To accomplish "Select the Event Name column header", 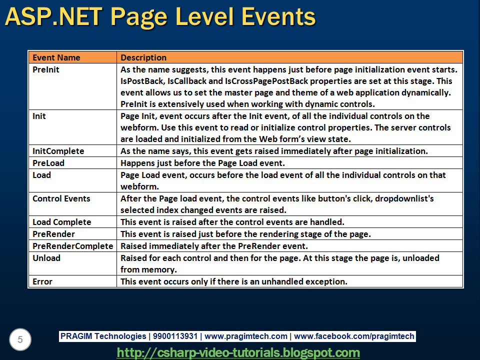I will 56,57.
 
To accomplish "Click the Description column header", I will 143,57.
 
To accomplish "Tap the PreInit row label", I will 46,69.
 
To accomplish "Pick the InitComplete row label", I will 58,151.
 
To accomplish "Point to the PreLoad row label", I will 48,163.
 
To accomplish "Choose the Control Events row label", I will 61,198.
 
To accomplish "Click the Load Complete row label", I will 61,222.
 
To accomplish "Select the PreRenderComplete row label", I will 72,246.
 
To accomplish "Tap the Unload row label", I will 46,258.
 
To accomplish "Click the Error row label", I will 42,281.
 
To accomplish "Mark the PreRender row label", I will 53,234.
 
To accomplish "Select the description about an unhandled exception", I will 234,281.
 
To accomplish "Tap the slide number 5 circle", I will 20,340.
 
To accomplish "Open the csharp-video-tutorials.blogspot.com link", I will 238,352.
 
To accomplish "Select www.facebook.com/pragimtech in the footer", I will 354,336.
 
